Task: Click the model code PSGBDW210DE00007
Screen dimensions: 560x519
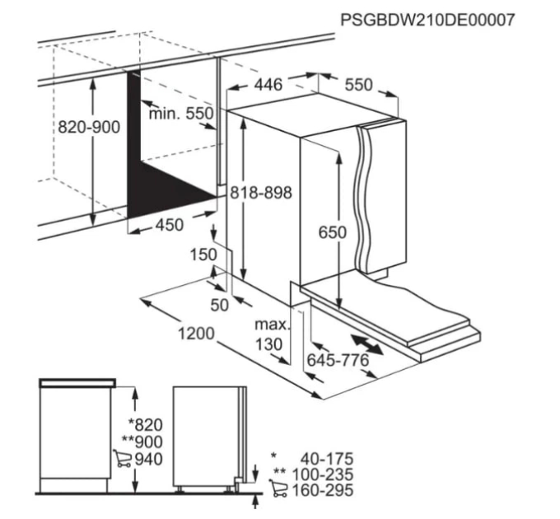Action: pos(427,20)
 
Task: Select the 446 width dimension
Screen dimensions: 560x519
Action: pos(268,85)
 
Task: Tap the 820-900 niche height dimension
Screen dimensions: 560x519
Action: pos(89,127)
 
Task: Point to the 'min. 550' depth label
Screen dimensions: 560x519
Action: pos(181,114)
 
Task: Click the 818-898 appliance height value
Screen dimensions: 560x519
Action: pos(261,193)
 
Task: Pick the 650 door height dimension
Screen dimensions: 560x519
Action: pos(333,232)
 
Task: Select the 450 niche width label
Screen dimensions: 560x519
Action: pos(170,225)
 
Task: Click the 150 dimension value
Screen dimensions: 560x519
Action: pos(203,255)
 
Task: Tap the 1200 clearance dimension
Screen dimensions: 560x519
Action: pos(196,334)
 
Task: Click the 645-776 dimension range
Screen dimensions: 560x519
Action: pos(338,360)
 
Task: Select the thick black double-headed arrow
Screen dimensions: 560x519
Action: pos(367,344)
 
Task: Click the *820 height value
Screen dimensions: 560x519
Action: pos(146,425)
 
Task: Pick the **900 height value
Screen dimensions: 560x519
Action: pos(142,442)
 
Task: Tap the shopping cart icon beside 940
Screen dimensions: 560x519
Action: pos(123,458)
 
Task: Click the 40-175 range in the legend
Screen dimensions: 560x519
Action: pos(326,459)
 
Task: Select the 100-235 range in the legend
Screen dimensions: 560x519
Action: pos(323,475)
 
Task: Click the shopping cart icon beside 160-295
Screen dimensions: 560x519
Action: pos(278,489)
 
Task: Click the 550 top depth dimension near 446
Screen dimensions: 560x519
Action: pos(358,85)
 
